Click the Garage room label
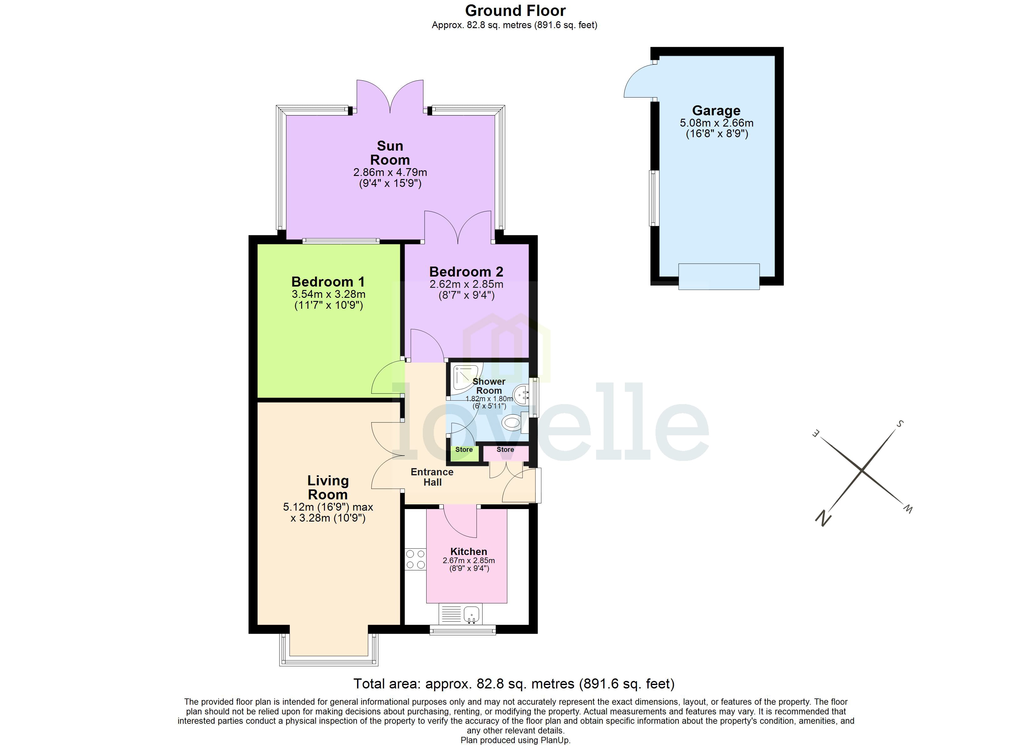[716, 111]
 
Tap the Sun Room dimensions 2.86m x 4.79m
[390, 172]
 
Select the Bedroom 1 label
[328, 282]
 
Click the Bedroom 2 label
[466, 272]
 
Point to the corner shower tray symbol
[465, 378]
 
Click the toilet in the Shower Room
[513, 422]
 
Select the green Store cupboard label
[464, 449]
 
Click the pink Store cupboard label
[505, 449]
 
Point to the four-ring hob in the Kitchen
[415, 559]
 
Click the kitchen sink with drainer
[460, 614]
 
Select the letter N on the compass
[823, 518]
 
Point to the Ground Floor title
[515, 10]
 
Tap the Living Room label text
[328, 487]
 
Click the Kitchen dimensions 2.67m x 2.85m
[469, 561]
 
